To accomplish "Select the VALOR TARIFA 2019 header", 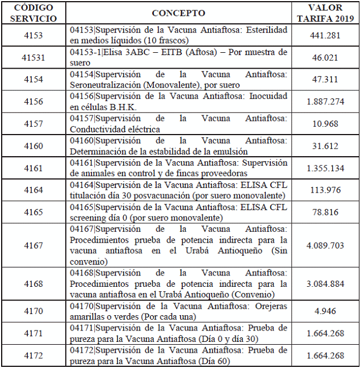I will [325, 13].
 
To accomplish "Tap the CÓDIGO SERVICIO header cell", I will [34, 13].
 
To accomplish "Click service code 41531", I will [34, 57].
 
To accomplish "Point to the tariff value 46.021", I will [325, 57].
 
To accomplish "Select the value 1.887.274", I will [325, 102].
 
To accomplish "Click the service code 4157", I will [34, 124].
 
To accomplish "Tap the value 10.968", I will [325, 124].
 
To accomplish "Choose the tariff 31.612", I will [325, 146].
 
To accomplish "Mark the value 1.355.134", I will [325, 168].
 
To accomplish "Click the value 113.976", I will [325, 190].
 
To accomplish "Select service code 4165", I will [34, 212].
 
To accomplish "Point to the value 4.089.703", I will [325, 245].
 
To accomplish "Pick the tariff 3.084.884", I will [325, 284].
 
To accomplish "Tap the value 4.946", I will [325, 311].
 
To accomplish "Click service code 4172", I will [34, 356].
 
